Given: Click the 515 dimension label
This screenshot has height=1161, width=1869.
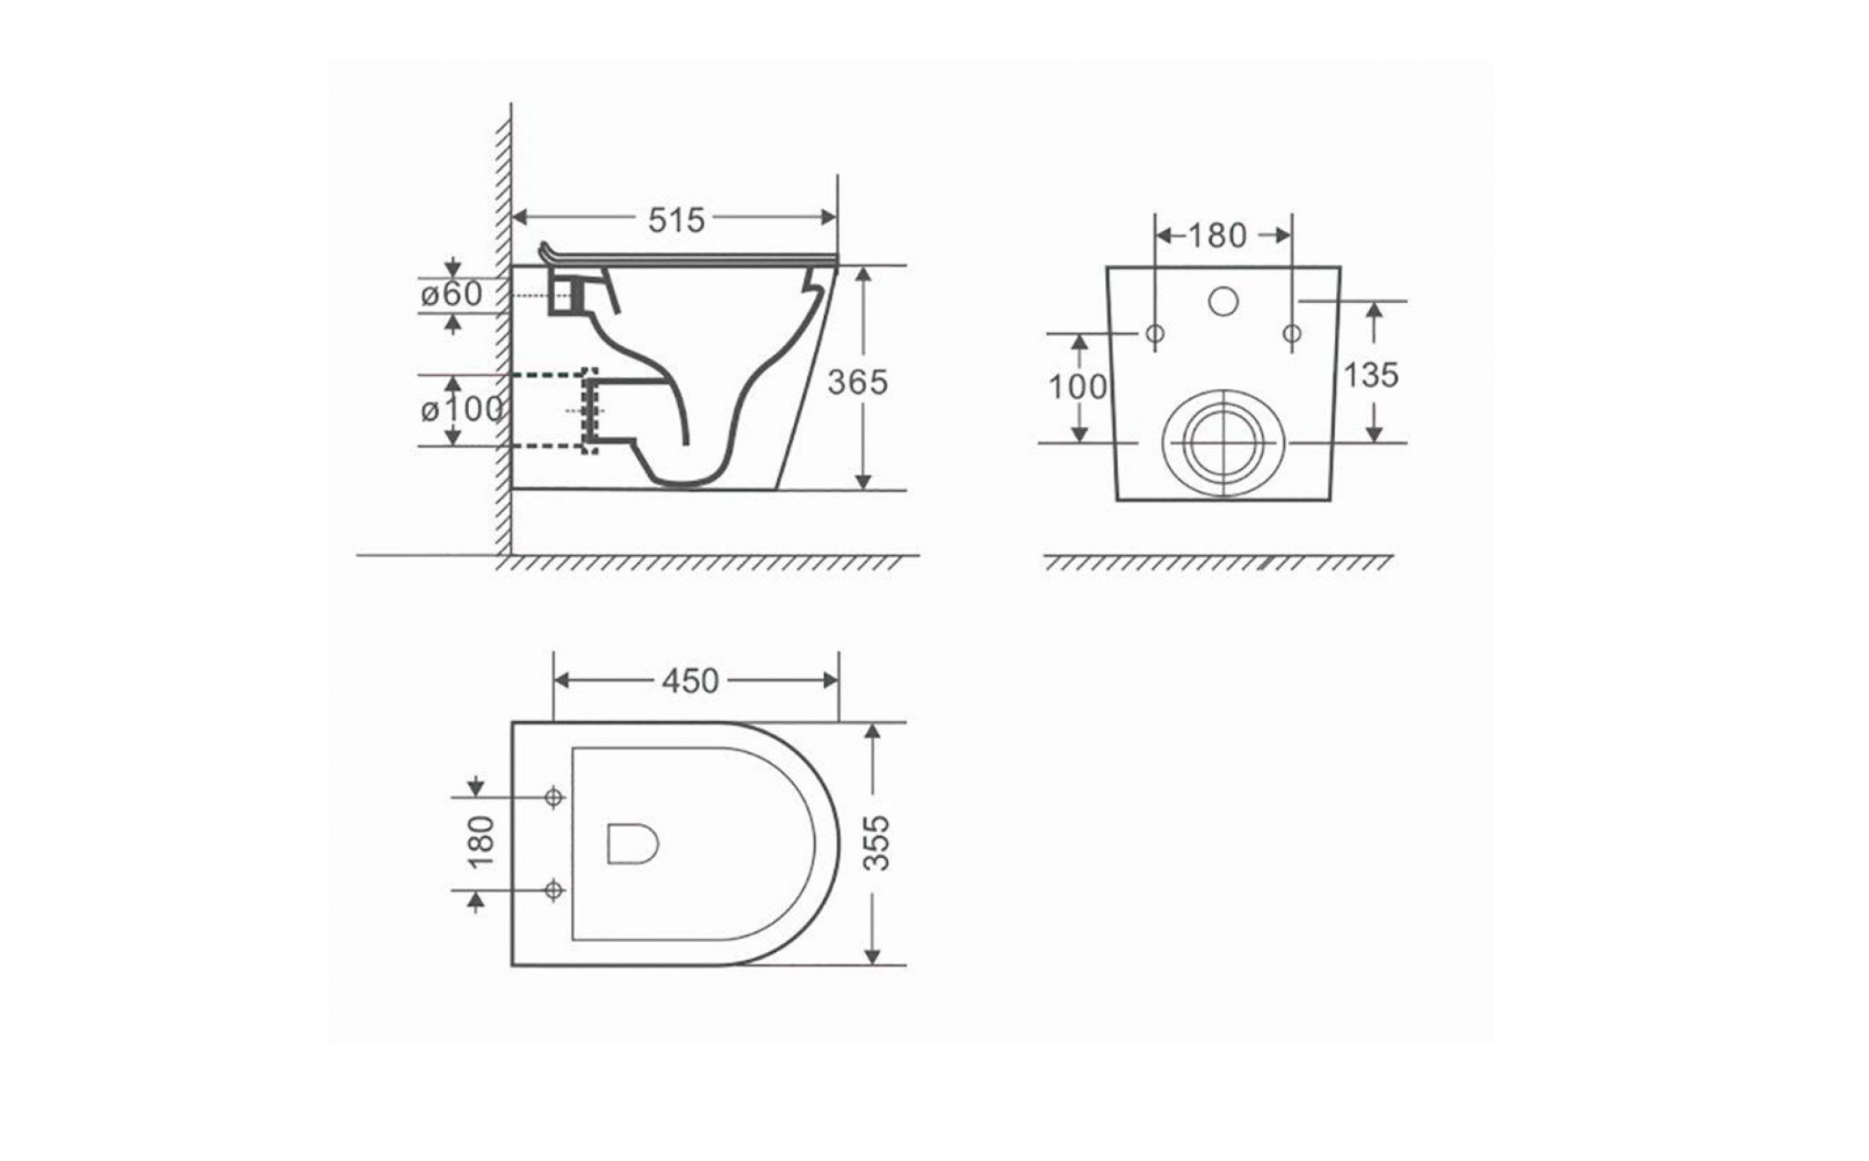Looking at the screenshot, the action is click(676, 219).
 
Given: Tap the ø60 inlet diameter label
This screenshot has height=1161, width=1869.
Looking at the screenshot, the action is click(452, 294).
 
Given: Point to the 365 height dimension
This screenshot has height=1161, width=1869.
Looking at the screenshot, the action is click(857, 382).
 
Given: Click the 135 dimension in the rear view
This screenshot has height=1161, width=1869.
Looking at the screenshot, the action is click(1371, 374).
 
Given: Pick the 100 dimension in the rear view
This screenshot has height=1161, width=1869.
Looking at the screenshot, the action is click(1077, 387).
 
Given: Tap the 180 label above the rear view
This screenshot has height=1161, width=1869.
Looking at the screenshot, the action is click(1217, 235).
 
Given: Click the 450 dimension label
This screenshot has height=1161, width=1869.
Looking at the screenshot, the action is click(690, 681).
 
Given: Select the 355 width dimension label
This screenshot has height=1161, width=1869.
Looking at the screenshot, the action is click(876, 842).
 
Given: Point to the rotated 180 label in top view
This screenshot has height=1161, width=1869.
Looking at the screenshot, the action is click(481, 841).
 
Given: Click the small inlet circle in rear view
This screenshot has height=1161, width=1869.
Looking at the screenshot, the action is click(1223, 300).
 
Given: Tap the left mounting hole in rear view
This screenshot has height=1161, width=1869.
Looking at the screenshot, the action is click(1154, 333).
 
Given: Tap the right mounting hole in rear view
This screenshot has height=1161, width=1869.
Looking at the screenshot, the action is click(1291, 333).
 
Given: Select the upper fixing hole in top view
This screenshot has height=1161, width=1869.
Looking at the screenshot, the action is click(553, 797).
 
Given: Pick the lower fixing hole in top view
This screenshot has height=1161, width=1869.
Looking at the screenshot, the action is click(553, 889).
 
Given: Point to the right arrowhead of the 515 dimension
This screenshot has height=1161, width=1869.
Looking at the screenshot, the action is click(829, 217).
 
